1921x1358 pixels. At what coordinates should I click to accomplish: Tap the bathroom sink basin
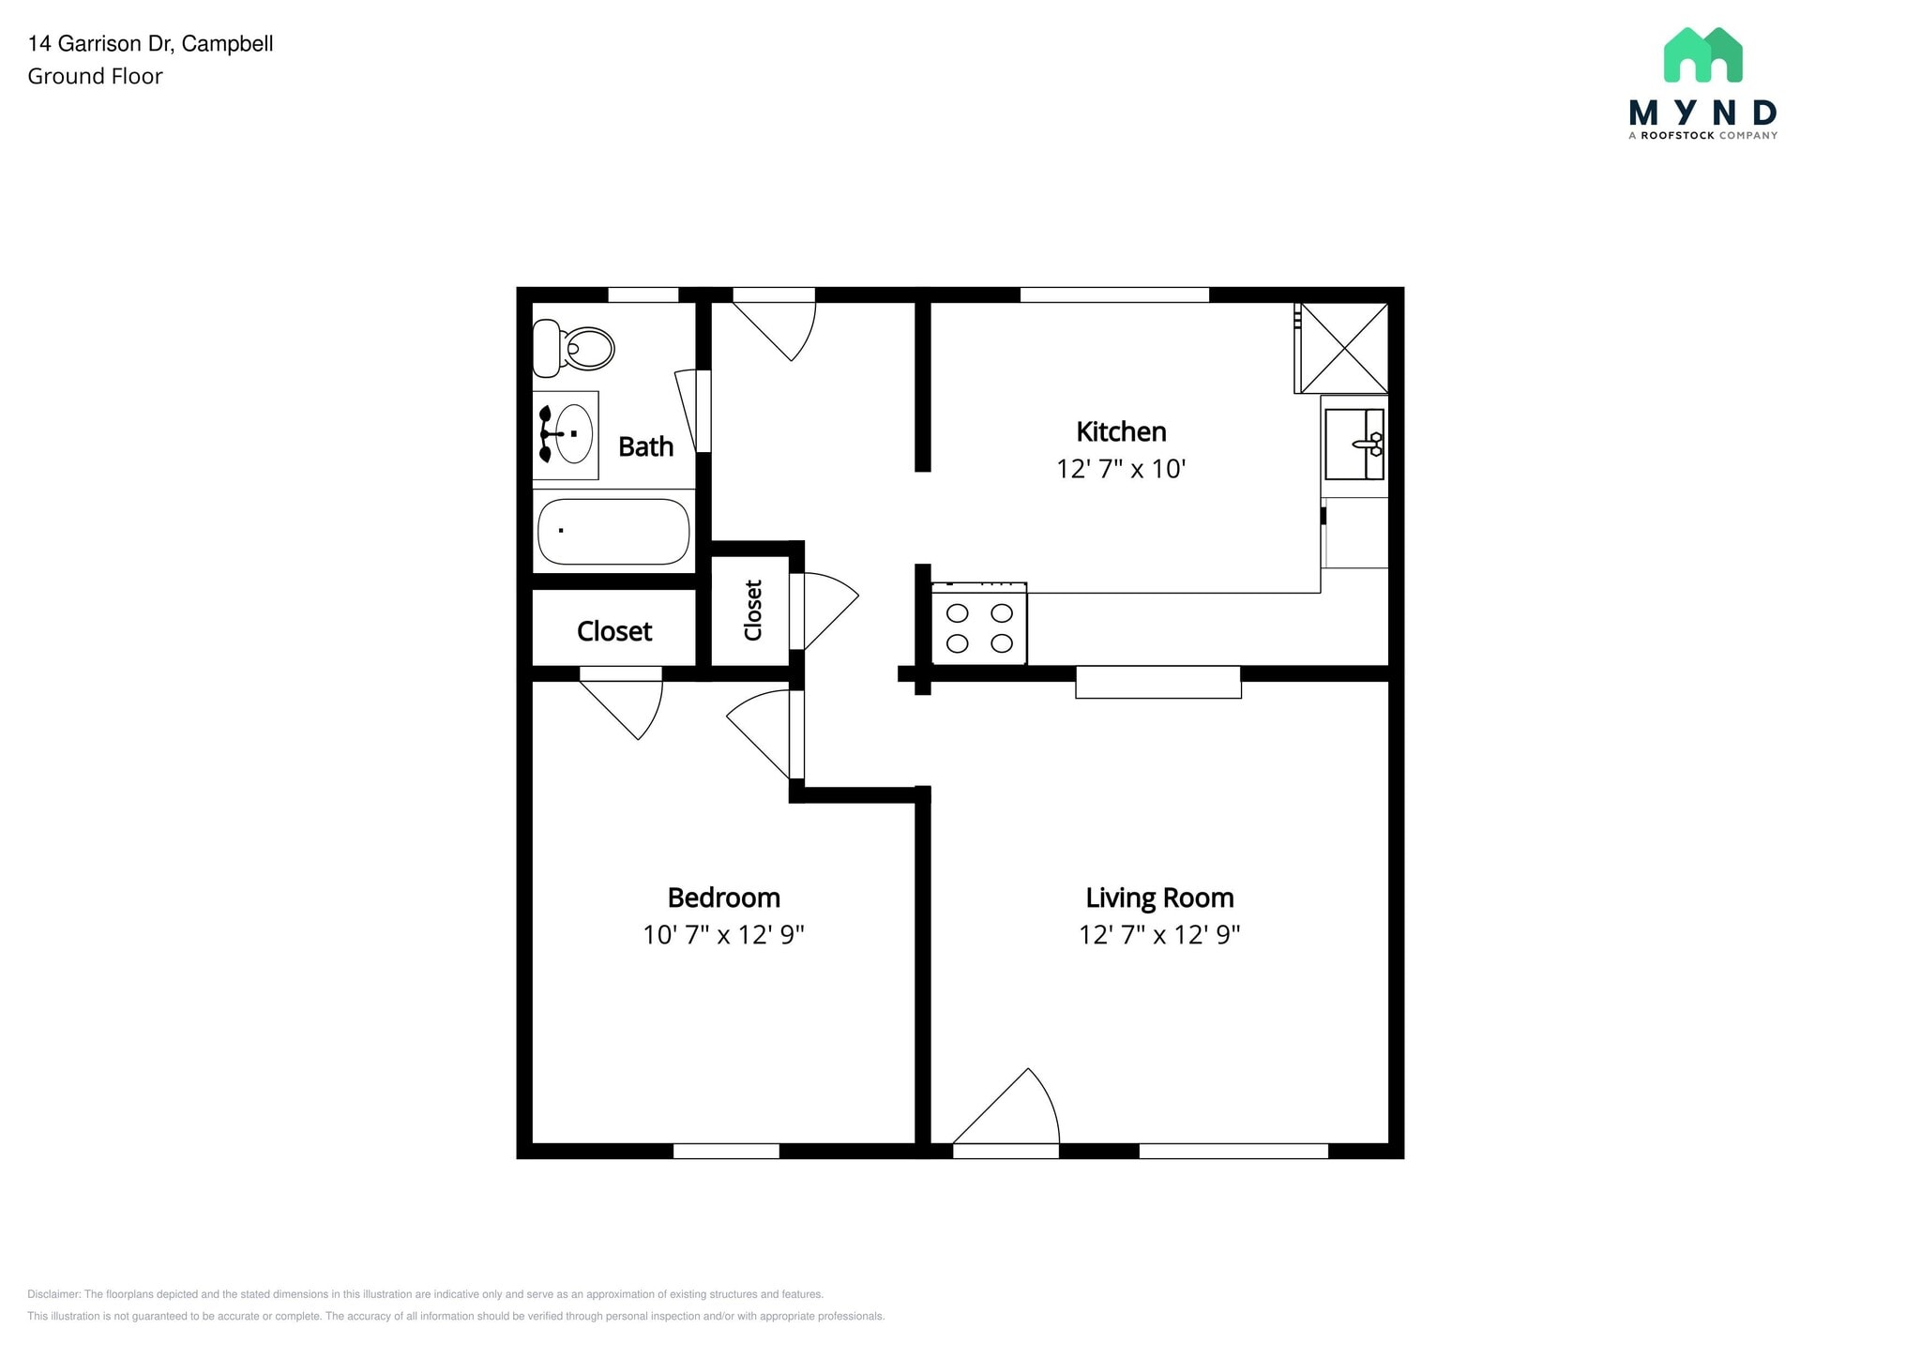(573, 434)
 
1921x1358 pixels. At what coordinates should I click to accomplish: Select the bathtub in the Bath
(613, 531)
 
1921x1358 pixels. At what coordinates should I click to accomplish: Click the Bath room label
(645, 446)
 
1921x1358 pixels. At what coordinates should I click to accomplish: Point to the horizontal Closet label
(613, 631)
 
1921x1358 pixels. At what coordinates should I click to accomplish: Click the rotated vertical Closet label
(752, 611)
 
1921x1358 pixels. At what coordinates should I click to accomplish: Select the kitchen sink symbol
(1354, 445)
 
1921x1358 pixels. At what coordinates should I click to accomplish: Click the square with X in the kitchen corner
(1343, 348)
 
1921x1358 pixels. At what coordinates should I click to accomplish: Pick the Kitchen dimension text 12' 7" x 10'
(1121, 469)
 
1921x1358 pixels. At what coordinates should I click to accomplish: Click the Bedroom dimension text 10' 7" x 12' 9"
(723, 935)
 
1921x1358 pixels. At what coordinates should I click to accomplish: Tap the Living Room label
(1159, 898)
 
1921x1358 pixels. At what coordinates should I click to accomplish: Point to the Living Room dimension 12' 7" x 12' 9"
(1159, 935)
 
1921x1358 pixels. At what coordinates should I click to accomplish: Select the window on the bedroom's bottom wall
(726, 1152)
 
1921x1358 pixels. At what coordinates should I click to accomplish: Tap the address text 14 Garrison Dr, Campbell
(150, 43)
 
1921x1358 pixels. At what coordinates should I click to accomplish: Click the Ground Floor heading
(95, 77)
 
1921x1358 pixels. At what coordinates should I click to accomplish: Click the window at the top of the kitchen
(1114, 294)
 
